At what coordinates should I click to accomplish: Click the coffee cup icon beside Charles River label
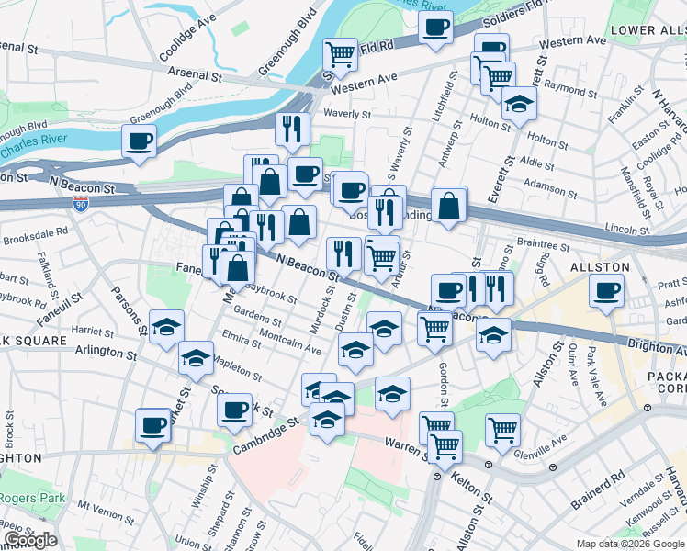tap(139, 141)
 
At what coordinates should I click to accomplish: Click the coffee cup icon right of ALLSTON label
tap(605, 291)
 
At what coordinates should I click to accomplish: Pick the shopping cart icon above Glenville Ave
tap(502, 429)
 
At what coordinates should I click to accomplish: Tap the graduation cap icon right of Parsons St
tap(167, 327)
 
